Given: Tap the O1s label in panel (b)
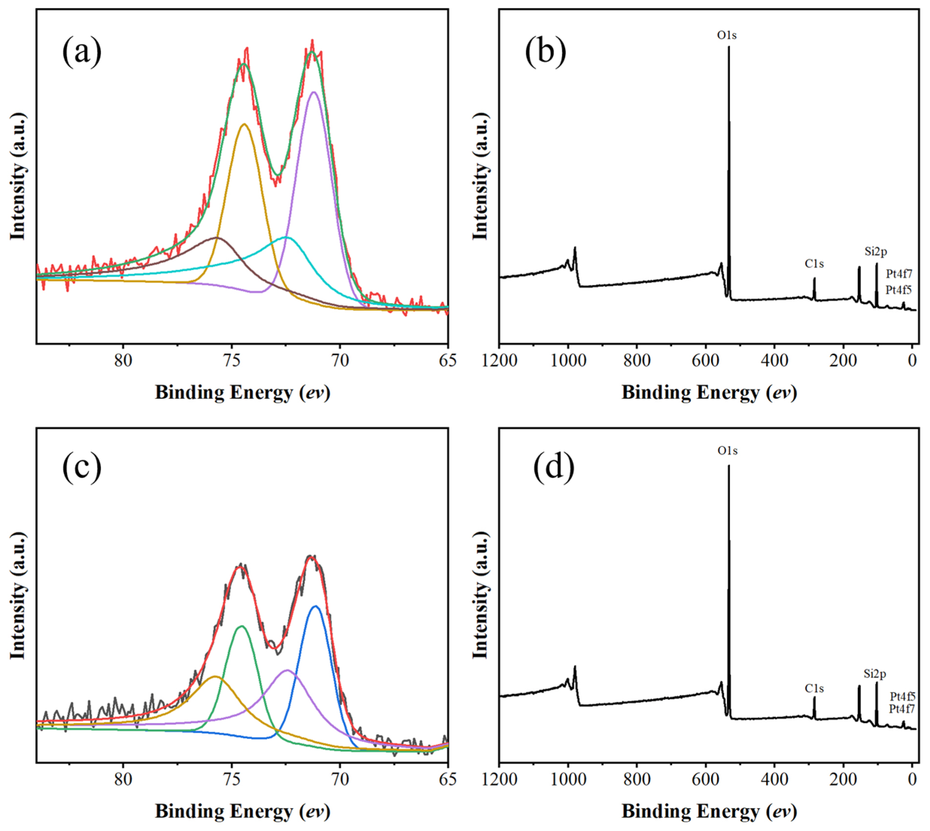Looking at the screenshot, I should coord(726,35).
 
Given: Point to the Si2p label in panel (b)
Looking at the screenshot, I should coord(875,251).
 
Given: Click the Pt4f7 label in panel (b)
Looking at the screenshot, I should coord(899,274).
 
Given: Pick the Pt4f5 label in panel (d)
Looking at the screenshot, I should coord(902,696).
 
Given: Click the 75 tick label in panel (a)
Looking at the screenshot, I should coord(232,361).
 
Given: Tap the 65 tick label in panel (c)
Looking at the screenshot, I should coord(447,780).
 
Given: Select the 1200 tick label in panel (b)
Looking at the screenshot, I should coord(500,361).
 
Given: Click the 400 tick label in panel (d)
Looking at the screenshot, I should coord(774,780).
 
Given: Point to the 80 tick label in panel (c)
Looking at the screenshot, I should coord(123,780).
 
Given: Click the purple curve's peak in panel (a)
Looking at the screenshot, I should coord(314,92).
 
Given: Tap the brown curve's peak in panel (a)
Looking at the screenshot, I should coord(217,238).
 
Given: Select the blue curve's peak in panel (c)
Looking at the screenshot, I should coord(315,606).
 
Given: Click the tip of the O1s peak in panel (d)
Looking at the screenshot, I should coord(728,466).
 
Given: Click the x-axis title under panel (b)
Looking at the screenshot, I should coord(709,393).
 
